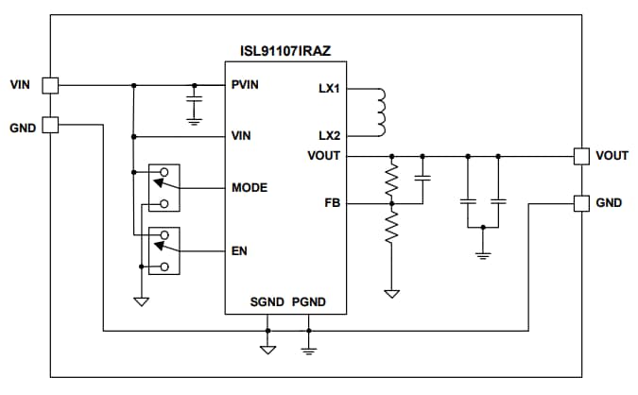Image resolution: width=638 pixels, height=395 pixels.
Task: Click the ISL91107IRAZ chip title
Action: pyautogui.click(x=284, y=48)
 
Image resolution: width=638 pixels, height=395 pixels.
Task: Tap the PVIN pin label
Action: pyautogui.click(x=246, y=84)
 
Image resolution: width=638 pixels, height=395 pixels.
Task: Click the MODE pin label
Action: pyautogui.click(x=250, y=188)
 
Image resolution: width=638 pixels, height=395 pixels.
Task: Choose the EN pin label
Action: pyautogui.click(x=239, y=251)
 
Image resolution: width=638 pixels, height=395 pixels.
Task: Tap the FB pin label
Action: pyautogui.click(x=332, y=202)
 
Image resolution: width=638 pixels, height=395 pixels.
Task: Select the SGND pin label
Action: pyautogui.click(x=267, y=301)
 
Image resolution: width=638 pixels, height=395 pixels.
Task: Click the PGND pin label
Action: pyautogui.click(x=309, y=301)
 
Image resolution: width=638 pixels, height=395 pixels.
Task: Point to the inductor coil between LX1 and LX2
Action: pyautogui.click(x=379, y=112)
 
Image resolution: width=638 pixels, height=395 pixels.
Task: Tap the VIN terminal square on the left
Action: pyautogui.click(x=51, y=85)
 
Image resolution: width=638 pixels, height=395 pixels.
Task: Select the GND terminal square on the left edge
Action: pyautogui.click(x=51, y=124)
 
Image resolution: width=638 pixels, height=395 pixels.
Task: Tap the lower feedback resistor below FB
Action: pyautogui.click(x=390, y=227)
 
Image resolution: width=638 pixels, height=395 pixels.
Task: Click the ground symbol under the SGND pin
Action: pyautogui.click(x=267, y=349)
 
